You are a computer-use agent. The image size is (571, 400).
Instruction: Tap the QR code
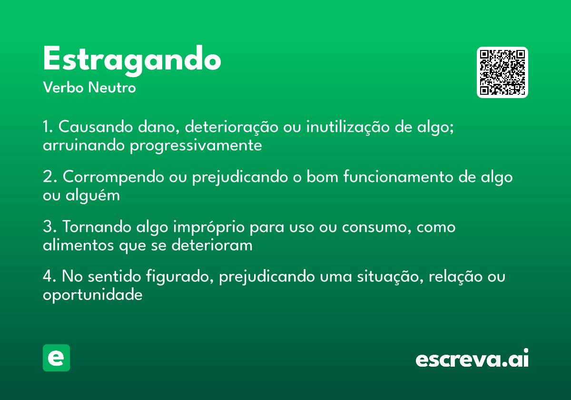pos(502,72)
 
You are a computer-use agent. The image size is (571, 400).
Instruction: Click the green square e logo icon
pos(56,358)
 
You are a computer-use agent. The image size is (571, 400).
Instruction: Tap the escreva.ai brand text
pos(472,360)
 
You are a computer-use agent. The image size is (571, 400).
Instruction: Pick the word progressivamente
pos(196,145)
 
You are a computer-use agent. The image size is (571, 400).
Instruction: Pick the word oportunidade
pos(93,295)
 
